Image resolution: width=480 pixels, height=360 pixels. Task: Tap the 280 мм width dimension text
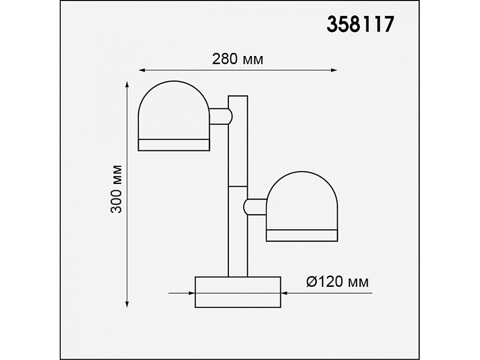pyautogui.click(x=237, y=59)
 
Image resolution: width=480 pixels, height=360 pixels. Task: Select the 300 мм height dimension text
pyautogui.click(x=117, y=189)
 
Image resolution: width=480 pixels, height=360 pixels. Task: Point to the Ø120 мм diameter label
pyautogui.click(x=338, y=282)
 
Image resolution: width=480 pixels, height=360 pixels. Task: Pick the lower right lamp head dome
pyautogui.click(x=302, y=200)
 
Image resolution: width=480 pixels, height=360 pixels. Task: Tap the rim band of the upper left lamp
pyautogui.click(x=174, y=145)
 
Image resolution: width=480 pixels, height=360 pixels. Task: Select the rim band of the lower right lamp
pyautogui.click(x=302, y=236)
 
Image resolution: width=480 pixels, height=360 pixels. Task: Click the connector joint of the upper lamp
pyautogui.click(x=221, y=116)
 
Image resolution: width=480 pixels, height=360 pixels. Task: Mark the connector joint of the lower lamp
pyautogui.click(x=255, y=205)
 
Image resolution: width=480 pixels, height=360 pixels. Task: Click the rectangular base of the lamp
pyautogui.click(x=238, y=292)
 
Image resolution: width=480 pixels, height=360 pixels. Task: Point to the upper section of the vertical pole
pyautogui.click(x=238, y=141)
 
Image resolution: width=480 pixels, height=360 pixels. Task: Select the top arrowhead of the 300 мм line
pyautogui.click(x=127, y=85)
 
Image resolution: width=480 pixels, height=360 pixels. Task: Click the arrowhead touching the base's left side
pyautogui.click(x=191, y=292)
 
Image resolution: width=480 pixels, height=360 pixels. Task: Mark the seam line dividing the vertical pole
pyautogui.click(x=238, y=186)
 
